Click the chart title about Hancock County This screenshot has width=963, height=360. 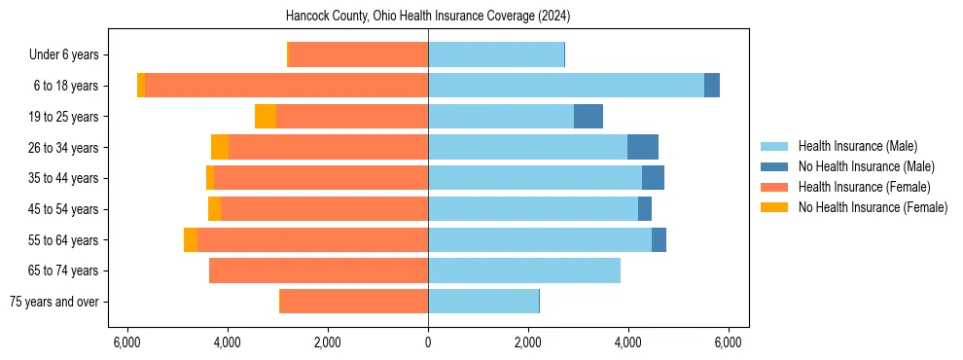pyautogui.click(x=428, y=17)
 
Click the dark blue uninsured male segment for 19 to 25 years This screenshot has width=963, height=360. pyautogui.click(x=588, y=117)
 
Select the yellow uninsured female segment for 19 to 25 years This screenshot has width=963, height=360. pyautogui.click(x=266, y=117)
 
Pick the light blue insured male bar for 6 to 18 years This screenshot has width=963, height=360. pyautogui.click(x=565, y=86)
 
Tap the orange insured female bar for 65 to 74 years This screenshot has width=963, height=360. pyautogui.click(x=318, y=270)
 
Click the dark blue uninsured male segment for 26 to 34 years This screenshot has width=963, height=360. pyautogui.click(x=642, y=147)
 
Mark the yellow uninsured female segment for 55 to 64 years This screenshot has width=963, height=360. pyautogui.click(x=191, y=239)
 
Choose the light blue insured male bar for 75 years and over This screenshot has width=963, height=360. pyautogui.click(x=483, y=302)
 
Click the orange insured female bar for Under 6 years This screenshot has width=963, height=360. pyautogui.click(x=358, y=54)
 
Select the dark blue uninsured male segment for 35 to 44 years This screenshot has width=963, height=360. pyautogui.click(x=653, y=178)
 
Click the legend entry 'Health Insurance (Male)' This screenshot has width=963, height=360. pyautogui.click(x=857, y=146)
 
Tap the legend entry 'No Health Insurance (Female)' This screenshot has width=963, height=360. pyautogui.click(x=873, y=207)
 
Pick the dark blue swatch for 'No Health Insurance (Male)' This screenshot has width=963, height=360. pyautogui.click(x=774, y=166)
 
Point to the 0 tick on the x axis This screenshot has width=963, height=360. pyautogui.click(x=428, y=342)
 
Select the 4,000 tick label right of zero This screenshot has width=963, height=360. pyautogui.click(x=627, y=342)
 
